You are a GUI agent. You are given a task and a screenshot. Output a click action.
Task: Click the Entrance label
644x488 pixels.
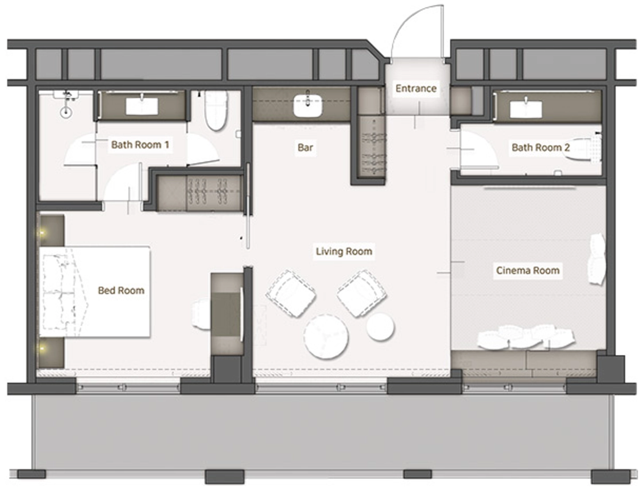point(416,88)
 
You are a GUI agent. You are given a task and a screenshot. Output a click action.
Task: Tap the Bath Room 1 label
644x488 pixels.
point(140,144)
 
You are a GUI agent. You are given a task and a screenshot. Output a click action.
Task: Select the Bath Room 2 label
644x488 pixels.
point(540,147)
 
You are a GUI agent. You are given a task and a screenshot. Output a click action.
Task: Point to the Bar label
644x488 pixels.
point(305,147)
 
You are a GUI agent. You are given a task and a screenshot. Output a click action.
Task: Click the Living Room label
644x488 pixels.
point(344,252)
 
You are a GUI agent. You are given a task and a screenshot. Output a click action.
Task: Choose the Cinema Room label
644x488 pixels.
point(528,270)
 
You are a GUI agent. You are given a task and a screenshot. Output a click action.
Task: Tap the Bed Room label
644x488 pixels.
point(121,290)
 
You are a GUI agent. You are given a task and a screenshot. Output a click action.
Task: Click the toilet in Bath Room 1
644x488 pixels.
point(216,110)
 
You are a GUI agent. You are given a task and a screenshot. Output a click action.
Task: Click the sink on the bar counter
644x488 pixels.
point(307,105)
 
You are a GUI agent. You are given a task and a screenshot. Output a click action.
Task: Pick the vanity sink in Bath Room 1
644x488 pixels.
point(142,106)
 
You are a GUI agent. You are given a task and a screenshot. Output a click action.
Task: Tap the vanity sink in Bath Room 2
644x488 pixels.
point(526,109)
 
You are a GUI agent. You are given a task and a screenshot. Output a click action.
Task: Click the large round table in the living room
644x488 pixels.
point(326,337)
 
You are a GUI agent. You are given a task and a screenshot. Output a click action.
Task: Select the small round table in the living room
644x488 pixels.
point(380,327)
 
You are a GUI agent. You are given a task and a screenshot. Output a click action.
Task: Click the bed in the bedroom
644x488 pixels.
point(94,292)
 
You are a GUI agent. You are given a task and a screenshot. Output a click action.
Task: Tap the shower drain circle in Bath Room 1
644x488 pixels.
point(66,112)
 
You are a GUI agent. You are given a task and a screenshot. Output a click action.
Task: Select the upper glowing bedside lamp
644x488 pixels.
point(42,233)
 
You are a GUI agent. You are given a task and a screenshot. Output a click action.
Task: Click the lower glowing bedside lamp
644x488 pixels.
point(42,349)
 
